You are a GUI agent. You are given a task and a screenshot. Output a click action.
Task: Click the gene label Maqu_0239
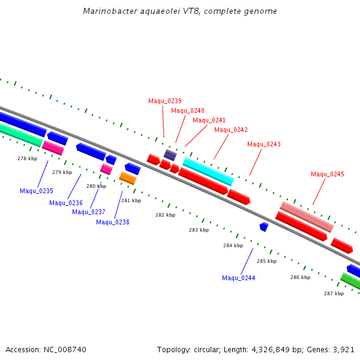pyautogui.click(x=165, y=101)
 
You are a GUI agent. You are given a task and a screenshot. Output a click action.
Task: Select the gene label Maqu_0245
pyautogui.click(x=328, y=174)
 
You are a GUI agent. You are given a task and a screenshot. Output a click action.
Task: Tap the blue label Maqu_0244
pyautogui.click(x=239, y=278)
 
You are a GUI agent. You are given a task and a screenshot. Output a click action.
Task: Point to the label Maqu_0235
pyautogui.click(x=37, y=191)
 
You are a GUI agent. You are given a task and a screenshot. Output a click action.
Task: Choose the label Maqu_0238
pyautogui.click(x=113, y=222)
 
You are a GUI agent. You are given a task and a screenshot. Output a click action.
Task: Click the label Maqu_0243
pyautogui.click(x=264, y=144)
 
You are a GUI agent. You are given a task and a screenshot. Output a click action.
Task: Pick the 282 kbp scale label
pyautogui.click(x=165, y=215)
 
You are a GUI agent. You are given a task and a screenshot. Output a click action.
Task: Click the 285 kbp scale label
pyautogui.click(x=266, y=261)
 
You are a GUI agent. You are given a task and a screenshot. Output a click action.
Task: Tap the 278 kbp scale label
pyautogui.click(x=27, y=158)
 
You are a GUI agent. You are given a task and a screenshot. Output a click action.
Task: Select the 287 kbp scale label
pyautogui.click(x=334, y=293)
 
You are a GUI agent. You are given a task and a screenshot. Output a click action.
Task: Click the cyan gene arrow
pyautogui.click(x=208, y=172)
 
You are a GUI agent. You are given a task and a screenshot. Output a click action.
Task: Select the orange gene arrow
pyautogui.click(x=128, y=178)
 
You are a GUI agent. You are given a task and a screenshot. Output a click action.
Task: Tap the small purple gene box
pyautogui.click(x=170, y=155)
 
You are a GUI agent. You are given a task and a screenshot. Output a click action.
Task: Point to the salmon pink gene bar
pyautogui.click(x=307, y=217)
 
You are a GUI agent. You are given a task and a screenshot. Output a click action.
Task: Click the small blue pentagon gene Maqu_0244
pyautogui.click(x=263, y=226)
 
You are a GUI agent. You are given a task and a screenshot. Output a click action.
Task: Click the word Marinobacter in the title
pyautogui.click(x=106, y=11)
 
